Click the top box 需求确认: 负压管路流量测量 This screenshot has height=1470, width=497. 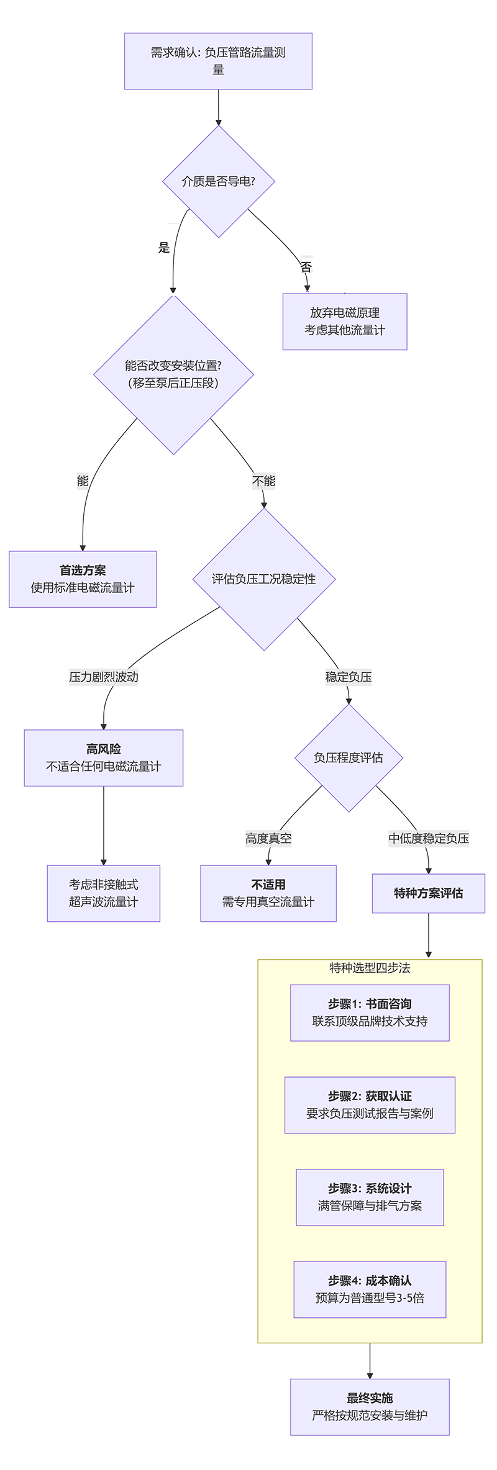tap(218, 61)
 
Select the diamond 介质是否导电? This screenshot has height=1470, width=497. tap(218, 181)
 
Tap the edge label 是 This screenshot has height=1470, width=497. tap(164, 248)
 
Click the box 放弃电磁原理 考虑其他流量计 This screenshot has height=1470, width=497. tap(345, 322)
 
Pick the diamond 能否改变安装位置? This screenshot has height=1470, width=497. tap(173, 374)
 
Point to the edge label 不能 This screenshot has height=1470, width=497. tap(263, 481)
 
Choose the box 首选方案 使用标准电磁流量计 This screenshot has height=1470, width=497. tap(83, 579)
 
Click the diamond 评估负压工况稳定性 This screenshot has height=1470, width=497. tap(264, 579)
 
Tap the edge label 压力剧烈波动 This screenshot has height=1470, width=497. tap(104, 677)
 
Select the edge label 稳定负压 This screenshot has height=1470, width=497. tap(349, 677)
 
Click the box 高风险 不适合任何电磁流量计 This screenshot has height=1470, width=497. tap(104, 757)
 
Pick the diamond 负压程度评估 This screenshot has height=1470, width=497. tap(349, 757)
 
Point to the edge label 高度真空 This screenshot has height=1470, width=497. tap(268, 839)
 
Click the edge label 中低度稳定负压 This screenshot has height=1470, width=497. tap(429, 839)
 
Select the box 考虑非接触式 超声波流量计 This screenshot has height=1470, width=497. tap(104, 893)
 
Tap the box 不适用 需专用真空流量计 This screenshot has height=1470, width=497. tap(268, 893)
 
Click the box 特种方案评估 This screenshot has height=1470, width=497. tap(429, 893)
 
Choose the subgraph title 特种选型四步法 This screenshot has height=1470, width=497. tap(370, 968)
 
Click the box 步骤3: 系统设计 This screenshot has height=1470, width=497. tap(370, 1197)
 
